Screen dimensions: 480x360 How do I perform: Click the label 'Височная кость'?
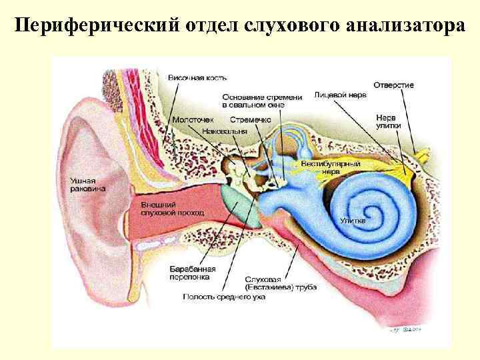point(193,79)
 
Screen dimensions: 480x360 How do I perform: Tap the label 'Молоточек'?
point(193,119)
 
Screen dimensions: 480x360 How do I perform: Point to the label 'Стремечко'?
point(250,119)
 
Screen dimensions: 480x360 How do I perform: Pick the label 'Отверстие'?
point(393,85)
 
